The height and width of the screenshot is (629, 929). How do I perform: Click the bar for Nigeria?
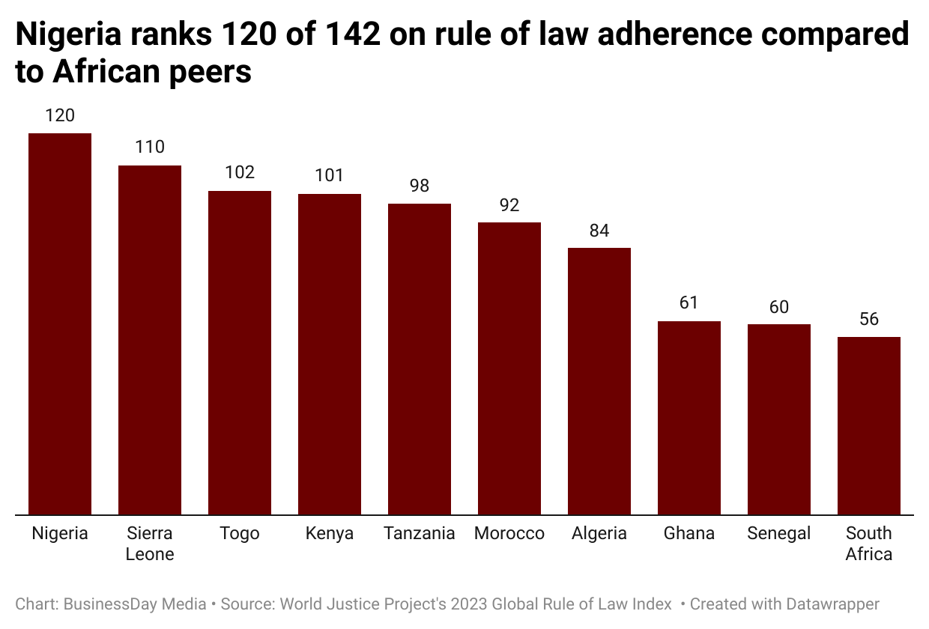pyautogui.click(x=60, y=323)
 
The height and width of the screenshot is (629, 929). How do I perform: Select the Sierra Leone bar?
pyautogui.click(x=150, y=340)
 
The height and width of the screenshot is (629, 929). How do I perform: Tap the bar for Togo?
pyautogui.click(x=240, y=353)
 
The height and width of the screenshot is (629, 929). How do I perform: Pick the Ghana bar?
pyautogui.click(x=689, y=418)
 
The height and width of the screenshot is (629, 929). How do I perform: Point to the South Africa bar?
pyautogui.click(x=869, y=425)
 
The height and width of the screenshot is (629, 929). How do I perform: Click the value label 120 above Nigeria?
pyautogui.click(x=60, y=115)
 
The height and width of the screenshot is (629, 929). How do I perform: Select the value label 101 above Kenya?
pyautogui.click(x=330, y=176)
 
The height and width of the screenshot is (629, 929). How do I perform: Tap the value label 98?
pyautogui.click(x=420, y=186)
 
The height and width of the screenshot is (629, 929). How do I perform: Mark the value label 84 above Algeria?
pyautogui.click(x=599, y=231)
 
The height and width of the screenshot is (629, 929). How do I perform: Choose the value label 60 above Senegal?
pyautogui.click(x=779, y=307)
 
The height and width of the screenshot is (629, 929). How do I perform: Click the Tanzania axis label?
pyautogui.click(x=420, y=534)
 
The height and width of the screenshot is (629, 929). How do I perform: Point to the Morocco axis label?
pyautogui.click(x=509, y=534)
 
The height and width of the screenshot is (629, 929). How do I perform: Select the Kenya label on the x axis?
pyautogui.click(x=330, y=534)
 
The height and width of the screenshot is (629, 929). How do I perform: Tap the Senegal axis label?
pyautogui.click(x=779, y=534)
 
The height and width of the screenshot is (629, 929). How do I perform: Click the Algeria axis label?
pyautogui.click(x=599, y=534)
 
